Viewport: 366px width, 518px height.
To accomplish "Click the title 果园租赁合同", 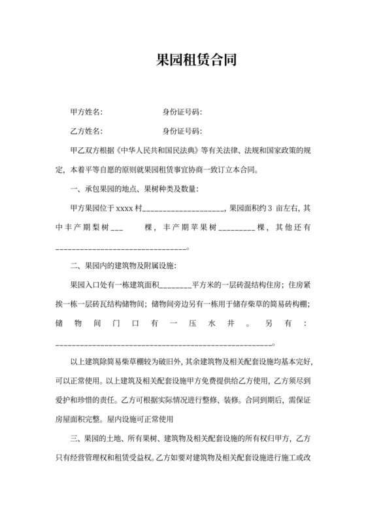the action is (x=183, y=61).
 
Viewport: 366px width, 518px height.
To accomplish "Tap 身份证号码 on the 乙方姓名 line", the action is (x=182, y=130).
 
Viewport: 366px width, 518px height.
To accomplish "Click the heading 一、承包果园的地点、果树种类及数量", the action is (x=134, y=190).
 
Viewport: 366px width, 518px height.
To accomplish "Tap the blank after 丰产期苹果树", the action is (x=237, y=230).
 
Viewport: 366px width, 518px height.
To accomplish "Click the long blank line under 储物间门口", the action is (x=163, y=344).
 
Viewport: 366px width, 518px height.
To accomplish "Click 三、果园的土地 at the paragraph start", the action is (x=97, y=438).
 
